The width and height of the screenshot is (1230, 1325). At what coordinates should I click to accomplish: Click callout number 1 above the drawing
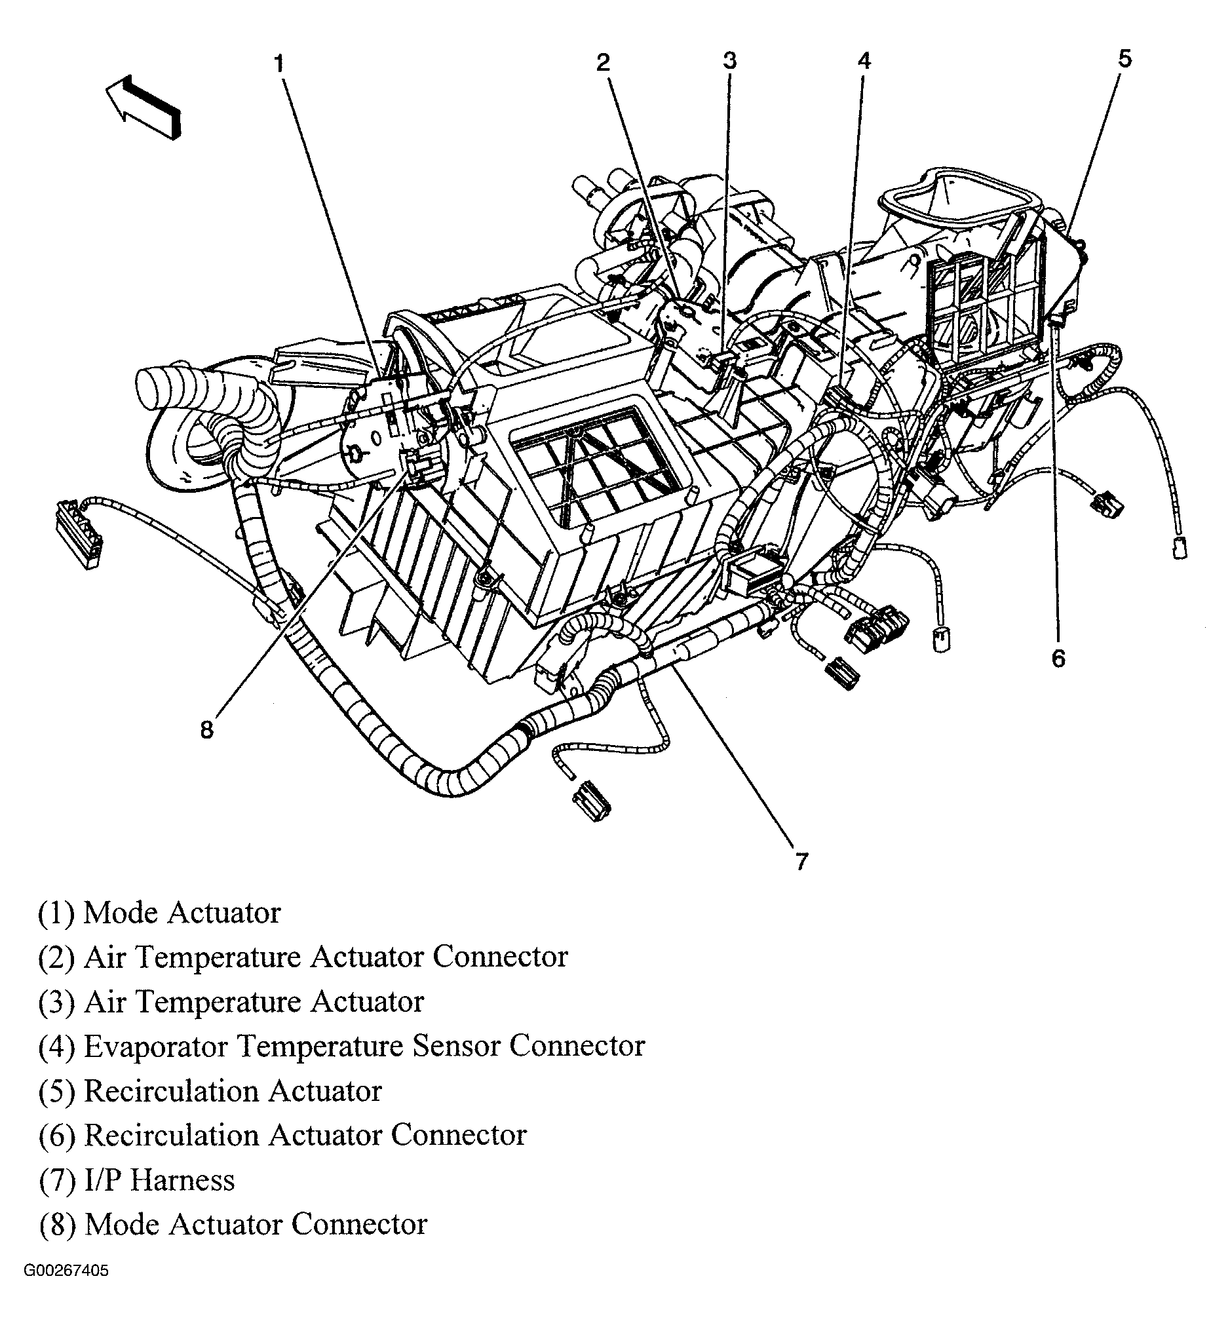tap(279, 65)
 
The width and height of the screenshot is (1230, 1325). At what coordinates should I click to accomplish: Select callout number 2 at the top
tap(602, 63)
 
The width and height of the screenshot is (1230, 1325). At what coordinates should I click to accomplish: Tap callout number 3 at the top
tap(730, 61)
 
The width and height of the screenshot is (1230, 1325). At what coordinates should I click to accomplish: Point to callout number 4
tap(863, 61)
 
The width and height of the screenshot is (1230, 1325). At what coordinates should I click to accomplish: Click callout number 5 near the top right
tap(1124, 59)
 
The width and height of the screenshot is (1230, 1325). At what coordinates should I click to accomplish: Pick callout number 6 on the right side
tap(1058, 658)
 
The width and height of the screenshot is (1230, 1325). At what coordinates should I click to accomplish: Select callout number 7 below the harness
tap(801, 862)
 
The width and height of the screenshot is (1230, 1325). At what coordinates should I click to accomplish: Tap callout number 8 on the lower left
tap(207, 730)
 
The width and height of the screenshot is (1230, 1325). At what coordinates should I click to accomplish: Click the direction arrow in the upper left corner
tap(143, 106)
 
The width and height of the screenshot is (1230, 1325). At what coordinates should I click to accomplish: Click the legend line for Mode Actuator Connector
tap(233, 1225)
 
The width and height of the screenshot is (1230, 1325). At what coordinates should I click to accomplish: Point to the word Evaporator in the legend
tap(157, 1046)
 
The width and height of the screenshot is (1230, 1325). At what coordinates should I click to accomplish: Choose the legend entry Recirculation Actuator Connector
tap(283, 1136)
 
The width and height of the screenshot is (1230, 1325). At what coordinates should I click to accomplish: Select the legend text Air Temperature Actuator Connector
tap(303, 957)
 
